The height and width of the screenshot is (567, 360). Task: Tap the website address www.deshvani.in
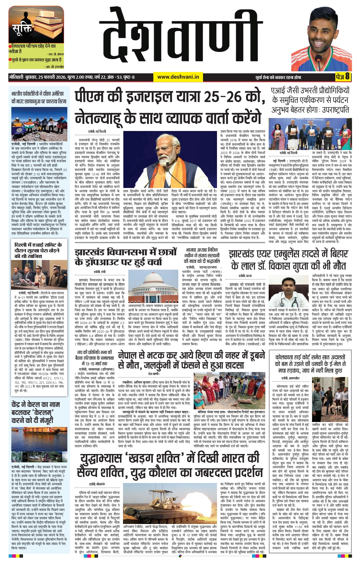pos(178,77)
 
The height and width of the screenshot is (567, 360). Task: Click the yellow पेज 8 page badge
pos(343,77)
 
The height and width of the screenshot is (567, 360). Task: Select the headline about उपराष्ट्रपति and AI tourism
pos(310,100)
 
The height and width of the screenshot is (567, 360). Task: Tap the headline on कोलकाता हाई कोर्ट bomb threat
pos(310,363)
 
